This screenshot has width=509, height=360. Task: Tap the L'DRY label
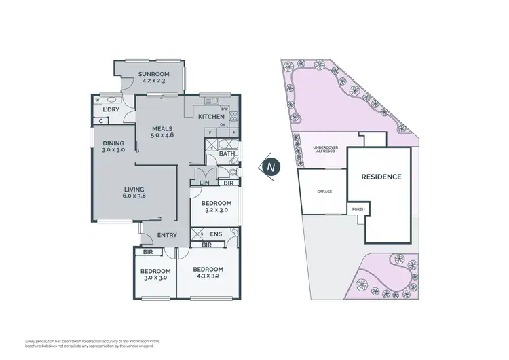pos(111,109)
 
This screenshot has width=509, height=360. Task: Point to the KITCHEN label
pos(210,116)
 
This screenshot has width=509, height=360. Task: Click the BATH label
pos(227,154)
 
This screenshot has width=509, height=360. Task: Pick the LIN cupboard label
pos(204,183)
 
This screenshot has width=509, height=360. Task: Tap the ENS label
pos(216,234)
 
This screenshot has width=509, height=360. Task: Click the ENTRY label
pos(167,235)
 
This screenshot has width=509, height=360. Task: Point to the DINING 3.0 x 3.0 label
pos(113,146)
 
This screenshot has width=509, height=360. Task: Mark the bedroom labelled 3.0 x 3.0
pos(155,274)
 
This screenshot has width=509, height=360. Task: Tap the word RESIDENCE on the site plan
pos(381,177)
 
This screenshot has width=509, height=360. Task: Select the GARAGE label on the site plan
pos(324,192)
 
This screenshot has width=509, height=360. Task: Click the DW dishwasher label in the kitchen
pos(224,109)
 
